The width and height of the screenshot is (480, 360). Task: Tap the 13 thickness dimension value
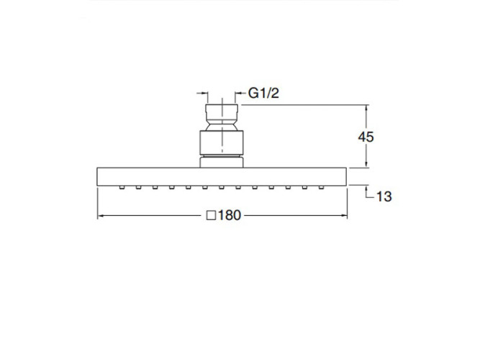384,196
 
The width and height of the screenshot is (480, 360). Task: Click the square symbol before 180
211,215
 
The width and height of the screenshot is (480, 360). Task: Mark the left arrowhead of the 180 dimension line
101,215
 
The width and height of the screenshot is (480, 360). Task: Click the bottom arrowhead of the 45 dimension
367,165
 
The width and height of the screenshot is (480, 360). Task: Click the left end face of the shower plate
97,177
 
